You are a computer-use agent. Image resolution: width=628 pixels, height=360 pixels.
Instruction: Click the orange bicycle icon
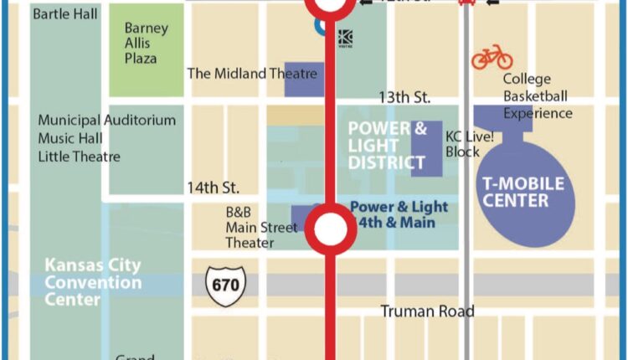[492, 57]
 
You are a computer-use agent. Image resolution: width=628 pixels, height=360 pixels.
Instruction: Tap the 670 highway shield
[224, 285]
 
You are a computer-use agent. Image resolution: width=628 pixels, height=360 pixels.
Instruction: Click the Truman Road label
[427, 311]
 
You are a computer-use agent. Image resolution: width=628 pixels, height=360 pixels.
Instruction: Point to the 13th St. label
[404, 98]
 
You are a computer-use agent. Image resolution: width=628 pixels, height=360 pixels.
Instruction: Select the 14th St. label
[213, 187]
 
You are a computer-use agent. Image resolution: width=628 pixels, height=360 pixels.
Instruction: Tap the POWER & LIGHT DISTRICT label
[387, 145]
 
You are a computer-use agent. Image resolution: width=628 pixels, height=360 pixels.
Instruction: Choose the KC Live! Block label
[462, 143]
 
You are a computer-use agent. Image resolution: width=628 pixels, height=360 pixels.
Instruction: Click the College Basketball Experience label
[538, 96]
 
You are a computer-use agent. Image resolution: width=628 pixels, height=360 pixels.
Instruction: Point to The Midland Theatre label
[252, 74]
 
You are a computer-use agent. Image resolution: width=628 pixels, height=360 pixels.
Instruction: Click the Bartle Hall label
[65, 14]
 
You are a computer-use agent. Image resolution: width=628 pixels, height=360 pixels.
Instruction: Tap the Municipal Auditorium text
[106, 121]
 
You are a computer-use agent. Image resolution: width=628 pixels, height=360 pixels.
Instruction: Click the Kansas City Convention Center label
[93, 282]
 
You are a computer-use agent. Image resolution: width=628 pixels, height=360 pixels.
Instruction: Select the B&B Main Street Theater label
[260, 228]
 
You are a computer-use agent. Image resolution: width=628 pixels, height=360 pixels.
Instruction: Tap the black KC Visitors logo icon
[345, 38]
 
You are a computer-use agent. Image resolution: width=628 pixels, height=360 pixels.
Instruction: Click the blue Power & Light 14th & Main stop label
[399, 214]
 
